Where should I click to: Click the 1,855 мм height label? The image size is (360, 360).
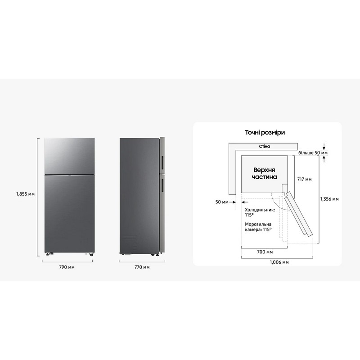tap(25, 194)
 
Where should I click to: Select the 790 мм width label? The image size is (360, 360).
tap(67, 267)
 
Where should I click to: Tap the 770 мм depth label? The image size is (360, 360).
tap(142, 267)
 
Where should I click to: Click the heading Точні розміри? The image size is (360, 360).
tap(265, 132)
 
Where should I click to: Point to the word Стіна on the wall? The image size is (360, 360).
tap(265, 146)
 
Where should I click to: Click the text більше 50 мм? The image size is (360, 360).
tap(313, 153)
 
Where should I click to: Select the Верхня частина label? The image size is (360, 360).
tap(264, 173)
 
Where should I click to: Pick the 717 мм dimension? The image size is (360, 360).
tap(305, 179)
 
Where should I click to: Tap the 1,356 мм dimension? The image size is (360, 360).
tap(329, 199)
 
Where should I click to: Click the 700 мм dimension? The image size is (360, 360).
tap(265, 252)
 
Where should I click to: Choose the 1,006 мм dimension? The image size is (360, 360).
tap(279, 262)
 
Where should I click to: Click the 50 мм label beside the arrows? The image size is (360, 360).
tap(222, 202)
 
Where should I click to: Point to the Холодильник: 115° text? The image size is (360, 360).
tap(260, 212)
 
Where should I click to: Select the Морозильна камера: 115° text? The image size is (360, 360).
tap(258, 227)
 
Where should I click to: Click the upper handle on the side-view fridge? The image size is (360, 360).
tap(162, 163)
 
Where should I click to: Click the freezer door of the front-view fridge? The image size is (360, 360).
tap(69, 156)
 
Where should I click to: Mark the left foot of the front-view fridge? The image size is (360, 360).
tap(49, 254)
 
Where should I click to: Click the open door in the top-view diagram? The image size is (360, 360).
tap(298, 213)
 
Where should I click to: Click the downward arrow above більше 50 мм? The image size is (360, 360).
tap(324, 146)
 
